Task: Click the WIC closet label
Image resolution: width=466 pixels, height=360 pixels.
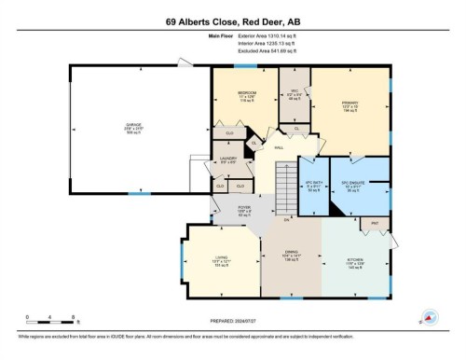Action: point(293,92)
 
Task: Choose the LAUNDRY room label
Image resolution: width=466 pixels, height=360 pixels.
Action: point(228,159)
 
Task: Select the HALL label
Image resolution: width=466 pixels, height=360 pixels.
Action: point(279,147)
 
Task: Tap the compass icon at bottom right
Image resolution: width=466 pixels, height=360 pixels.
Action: point(430,318)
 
